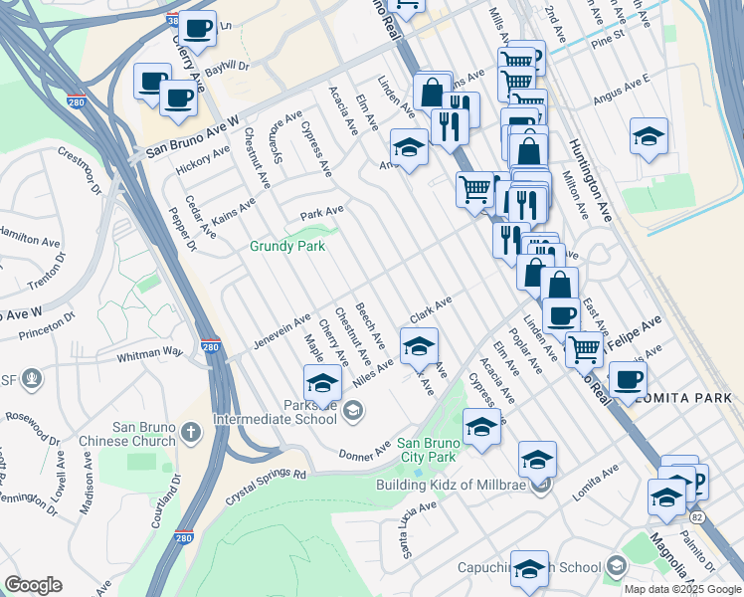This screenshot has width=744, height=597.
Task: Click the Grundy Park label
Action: point(287,246)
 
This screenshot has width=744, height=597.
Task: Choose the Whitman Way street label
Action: point(151,352)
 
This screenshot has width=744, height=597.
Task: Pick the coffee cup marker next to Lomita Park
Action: point(628,379)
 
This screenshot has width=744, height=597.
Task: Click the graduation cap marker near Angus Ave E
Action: point(649,136)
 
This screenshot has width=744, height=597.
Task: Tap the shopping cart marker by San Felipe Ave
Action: point(584,348)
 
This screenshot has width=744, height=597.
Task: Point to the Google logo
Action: point(33,585)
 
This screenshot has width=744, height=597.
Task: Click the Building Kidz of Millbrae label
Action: point(449,486)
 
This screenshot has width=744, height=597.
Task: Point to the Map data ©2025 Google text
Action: point(682,589)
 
